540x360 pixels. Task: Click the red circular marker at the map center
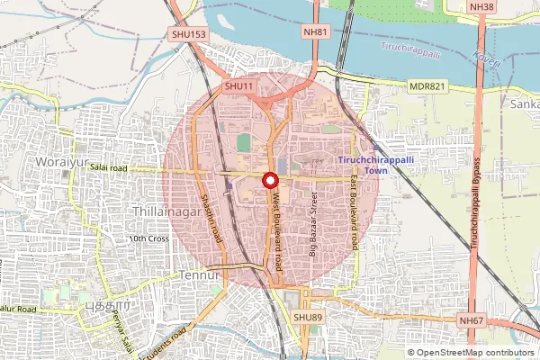tap(270, 180)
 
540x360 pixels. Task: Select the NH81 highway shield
tap(314, 31)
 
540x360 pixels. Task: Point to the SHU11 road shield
tap(238, 85)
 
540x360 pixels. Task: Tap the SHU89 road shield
tap(307, 318)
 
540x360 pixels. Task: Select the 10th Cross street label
tap(148, 238)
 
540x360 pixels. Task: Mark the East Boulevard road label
tap(355, 213)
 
